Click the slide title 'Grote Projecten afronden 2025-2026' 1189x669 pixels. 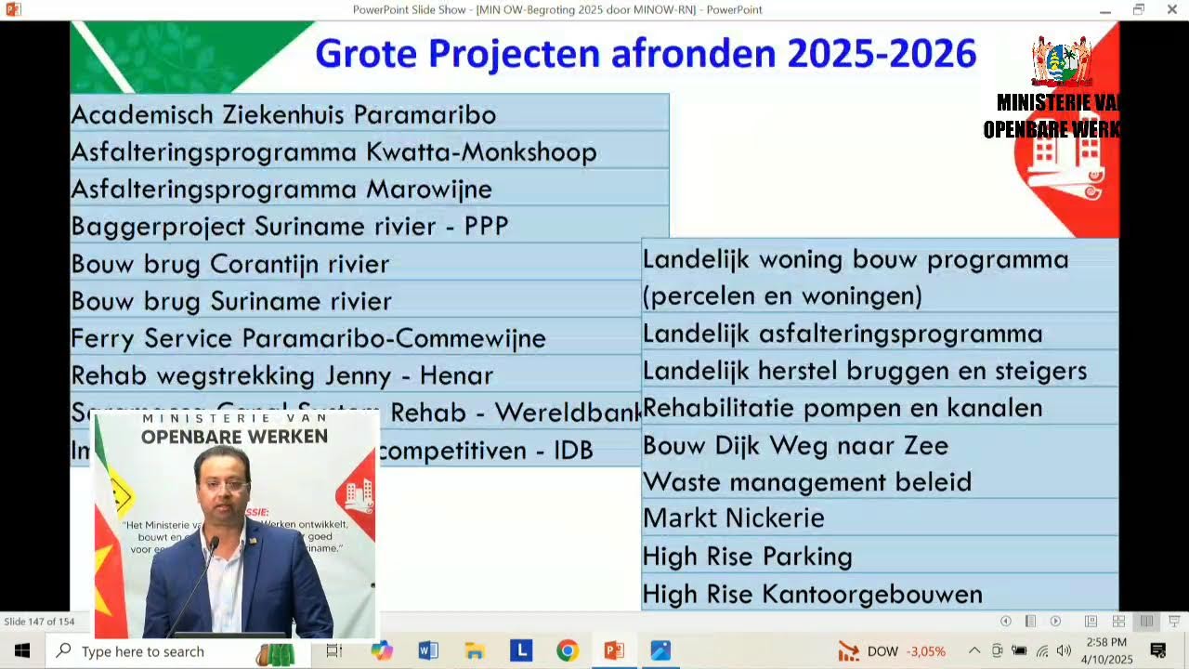tap(646, 54)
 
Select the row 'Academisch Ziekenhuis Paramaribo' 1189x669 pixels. tap(283, 115)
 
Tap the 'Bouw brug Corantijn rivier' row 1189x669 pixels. tap(230, 264)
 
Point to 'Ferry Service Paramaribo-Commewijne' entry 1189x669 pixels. tap(308, 338)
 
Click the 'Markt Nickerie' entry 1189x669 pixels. tap(734, 518)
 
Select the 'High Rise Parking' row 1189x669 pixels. tap(748, 557)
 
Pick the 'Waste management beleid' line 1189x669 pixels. tap(807, 482)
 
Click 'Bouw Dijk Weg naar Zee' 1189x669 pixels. tap(796, 445)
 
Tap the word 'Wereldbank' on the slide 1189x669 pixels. tap(568, 413)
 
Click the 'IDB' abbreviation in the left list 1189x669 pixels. tap(573, 451)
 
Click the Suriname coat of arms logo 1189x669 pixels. tap(1061, 61)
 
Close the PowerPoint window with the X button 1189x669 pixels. tap(1171, 9)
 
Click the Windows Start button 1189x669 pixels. tap(22, 650)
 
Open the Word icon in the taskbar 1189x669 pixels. tap(428, 650)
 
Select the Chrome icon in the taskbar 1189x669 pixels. tap(568, 650)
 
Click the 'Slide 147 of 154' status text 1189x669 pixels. tap(39, 622)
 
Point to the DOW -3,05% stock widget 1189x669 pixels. tap(892, 651)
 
